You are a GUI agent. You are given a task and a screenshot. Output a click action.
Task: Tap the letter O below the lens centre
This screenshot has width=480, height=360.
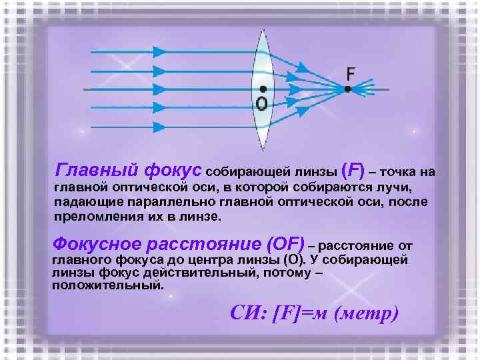coord(261,103)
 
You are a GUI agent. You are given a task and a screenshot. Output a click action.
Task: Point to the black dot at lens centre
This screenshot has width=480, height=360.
coord(263,89)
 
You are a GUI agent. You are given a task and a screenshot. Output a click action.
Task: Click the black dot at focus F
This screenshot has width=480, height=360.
coord(347,89)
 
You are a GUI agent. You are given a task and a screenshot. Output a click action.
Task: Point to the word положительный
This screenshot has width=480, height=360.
coord(107,285)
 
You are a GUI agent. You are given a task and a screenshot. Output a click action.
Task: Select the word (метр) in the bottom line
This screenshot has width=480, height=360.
coord(368,313)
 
